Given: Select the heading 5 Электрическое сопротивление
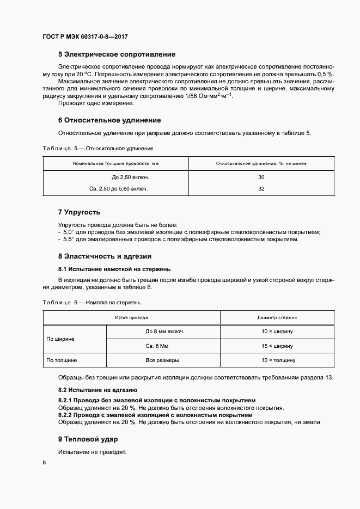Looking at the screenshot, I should [x=117, y=54].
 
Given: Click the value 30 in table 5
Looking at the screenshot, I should [x=261, y=177].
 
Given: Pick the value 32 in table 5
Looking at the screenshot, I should [x=261, y=188].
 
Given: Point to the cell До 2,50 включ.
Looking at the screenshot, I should [x=130, y=177].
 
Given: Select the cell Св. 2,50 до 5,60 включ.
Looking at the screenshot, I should [x=118, y=188].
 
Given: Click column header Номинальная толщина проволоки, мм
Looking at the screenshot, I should [x=115, y=163].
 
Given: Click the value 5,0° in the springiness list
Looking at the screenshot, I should [x=69, y=232].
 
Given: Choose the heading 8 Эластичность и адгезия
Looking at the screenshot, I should [x=105, y=256].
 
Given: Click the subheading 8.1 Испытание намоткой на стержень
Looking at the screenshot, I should [x=114, y=268].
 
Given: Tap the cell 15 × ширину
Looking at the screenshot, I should [x=277, y=346].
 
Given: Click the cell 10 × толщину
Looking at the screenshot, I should [x=277, y=360].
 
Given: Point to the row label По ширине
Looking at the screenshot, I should [x=60, y=339].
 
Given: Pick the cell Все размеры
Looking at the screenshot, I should [x=162, y=360].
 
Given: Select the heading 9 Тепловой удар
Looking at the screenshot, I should [x=88, y=439].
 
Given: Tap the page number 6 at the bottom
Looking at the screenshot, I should [x=44, y=462].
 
